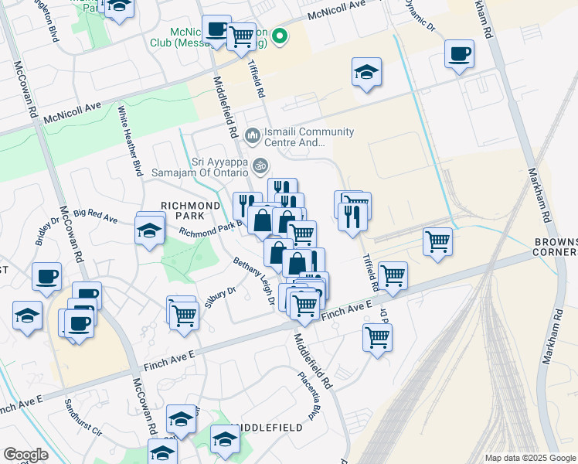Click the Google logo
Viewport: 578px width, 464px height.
(x=25, y=455)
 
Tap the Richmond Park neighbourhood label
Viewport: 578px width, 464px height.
(x=190, y=211)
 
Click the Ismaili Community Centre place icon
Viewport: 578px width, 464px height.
(x=253, y=136)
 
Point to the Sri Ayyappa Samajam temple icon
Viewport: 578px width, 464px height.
(x=260, y=165)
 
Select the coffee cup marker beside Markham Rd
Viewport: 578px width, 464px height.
(x=459, y=54)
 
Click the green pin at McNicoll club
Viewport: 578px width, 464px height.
(x=280, y=35)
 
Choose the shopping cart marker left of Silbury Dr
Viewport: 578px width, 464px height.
(x=183, y=314)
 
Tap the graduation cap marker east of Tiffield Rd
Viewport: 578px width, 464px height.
(x=366, y=73)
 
